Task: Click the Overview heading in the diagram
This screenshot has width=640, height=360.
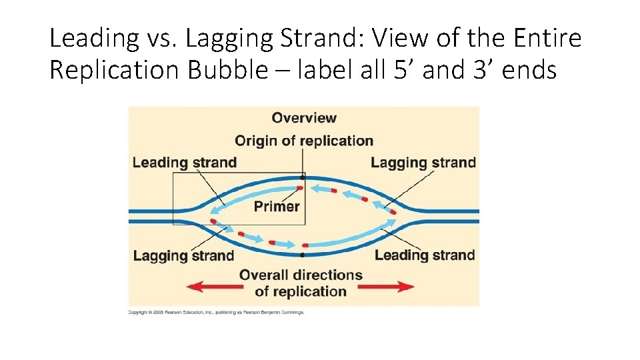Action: tap(304, 118)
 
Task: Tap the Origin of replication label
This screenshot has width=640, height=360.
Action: tap(304, 141)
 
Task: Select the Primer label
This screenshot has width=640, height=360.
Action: tap(277, 207)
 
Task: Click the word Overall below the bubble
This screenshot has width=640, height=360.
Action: tap(270, 275)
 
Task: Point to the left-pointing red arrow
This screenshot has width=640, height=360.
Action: tap(213, 287)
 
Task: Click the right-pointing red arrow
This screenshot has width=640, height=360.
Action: tap(387, 287)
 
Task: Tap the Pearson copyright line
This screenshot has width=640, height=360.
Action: tap(216, 312)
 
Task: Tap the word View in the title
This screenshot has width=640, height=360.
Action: tap(401, 39)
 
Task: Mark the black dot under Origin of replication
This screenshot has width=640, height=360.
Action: tap(302, 177)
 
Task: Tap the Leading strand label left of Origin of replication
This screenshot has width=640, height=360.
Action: tap(185, 162)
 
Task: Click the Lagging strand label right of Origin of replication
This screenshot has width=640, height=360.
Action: tap(423, 162)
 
